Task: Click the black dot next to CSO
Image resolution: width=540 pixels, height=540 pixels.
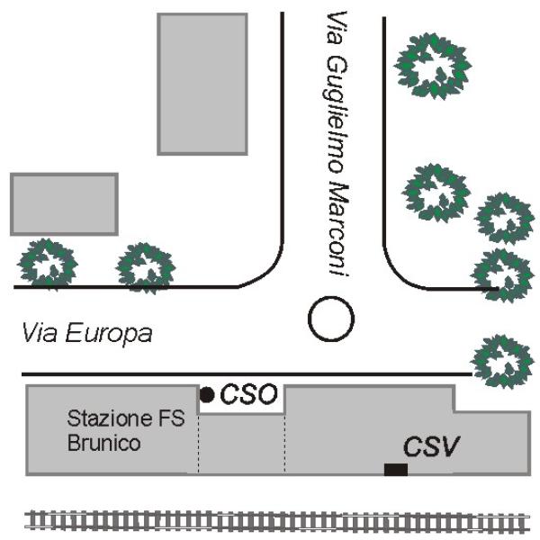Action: click(x=207, y=395)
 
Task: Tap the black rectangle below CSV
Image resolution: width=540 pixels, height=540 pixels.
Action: click(x=396, y=470)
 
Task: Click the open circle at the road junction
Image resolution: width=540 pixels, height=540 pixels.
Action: click(x=331, y=319)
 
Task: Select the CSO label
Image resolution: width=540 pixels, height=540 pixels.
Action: click(x=248, y=393)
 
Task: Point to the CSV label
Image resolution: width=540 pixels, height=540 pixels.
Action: click(x=431, y=446)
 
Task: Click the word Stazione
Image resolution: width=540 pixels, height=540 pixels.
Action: click(x=110, y=418)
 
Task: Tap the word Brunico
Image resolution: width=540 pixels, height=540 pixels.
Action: click(x=104, y=443)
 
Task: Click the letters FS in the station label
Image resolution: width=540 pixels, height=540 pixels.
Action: click(x=172, y=418)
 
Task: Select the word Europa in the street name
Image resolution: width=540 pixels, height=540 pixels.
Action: click(x=109, y=333)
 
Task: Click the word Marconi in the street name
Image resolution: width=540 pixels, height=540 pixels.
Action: click(x=339, y=229)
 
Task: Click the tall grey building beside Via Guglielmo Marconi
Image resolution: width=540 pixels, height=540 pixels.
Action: click(x=202, y=84)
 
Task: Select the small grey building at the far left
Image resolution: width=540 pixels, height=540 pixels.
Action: click(x=65, y=204)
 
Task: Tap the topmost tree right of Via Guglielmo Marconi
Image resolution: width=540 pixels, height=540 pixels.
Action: click(x=433, y=66)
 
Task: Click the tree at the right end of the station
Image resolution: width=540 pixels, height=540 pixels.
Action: click(x=502, y=362)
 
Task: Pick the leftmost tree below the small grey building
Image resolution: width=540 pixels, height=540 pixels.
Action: click(x=47, y=264)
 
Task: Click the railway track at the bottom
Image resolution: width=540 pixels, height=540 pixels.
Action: click(x=277, y=521)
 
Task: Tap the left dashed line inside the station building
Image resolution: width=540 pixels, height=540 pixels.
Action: click(x=199, y=443)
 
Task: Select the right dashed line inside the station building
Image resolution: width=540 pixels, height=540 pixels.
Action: click(x=284, y=443)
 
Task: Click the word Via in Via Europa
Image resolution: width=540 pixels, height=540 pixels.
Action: click(x=40, y=332)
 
